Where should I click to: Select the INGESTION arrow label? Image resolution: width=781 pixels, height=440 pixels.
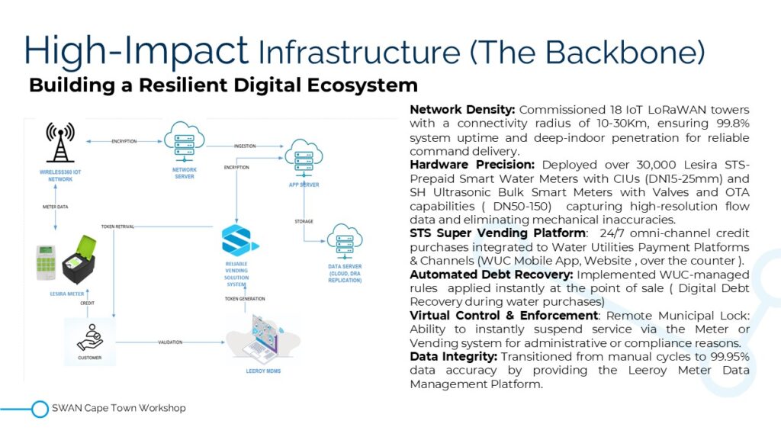click(243, 145)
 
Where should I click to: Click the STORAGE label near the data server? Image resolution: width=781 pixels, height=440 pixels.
click(304, 222)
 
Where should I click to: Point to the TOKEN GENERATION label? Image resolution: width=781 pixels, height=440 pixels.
click(246, 298)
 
